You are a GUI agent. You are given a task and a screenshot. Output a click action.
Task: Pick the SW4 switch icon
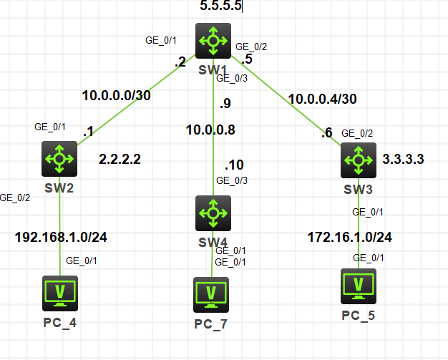click(x=213, y=213)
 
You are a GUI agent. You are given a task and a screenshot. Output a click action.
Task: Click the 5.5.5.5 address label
click(x=220, y=6)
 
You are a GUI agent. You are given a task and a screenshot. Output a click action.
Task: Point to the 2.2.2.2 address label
click(x=120, y=159)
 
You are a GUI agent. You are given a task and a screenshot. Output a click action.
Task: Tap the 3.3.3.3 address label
click(x=403, y=159)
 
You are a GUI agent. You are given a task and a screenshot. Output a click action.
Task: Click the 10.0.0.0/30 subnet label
click(x=115, y=95)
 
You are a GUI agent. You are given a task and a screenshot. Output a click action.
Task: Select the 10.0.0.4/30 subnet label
click(x=321, y=99)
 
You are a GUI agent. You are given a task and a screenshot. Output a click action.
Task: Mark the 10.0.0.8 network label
click(x=210, y=130)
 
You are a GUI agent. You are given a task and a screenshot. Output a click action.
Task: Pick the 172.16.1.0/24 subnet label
click(x=349, y=237)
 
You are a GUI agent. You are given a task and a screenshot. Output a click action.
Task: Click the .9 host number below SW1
click(x=225, y=103)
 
